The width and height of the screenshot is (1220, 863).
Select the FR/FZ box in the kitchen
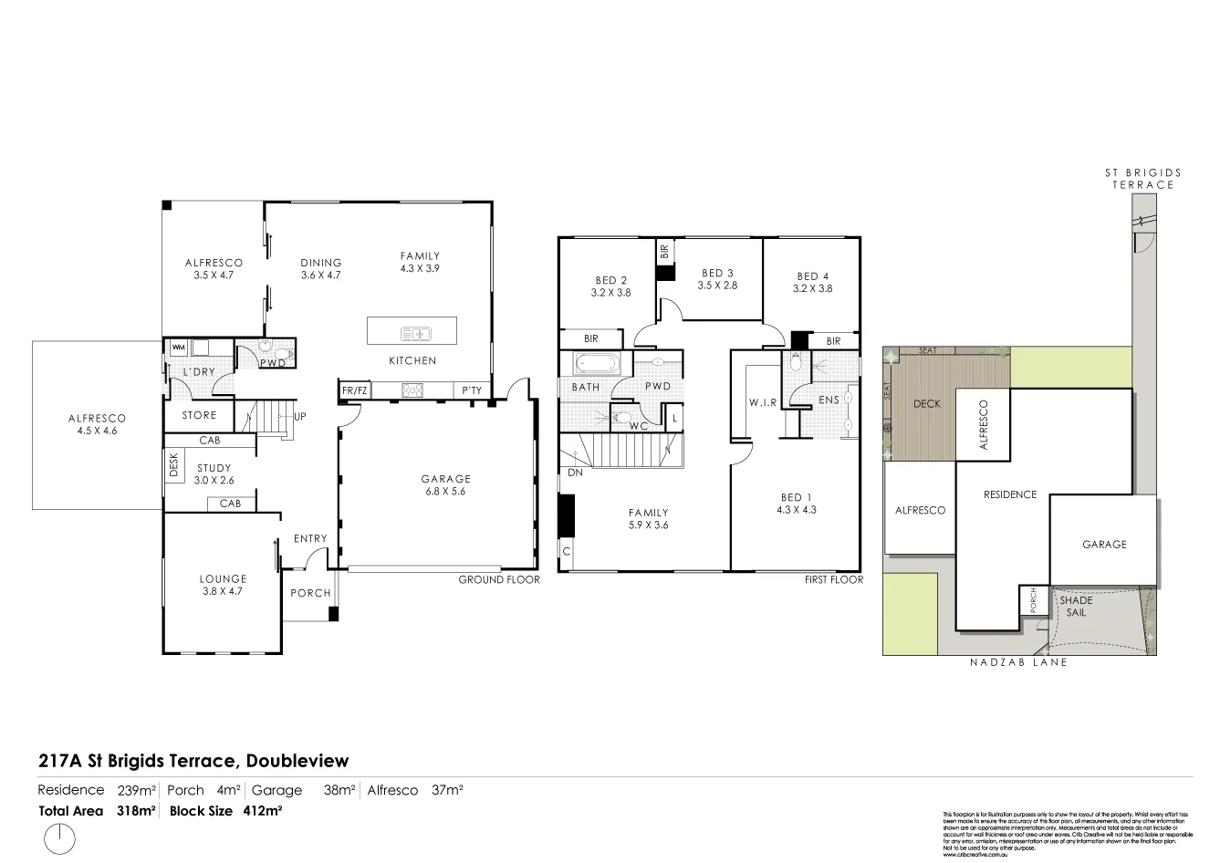pos(354,390)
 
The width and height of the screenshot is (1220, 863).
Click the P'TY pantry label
pos(472,390)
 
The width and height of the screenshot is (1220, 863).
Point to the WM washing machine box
pos(178,348)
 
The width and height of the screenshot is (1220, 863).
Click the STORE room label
pos(199,416)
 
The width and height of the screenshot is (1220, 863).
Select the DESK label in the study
pos(173,466)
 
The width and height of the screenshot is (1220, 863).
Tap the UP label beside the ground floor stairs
pos(299,417)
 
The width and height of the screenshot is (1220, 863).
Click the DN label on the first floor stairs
pos(575,473)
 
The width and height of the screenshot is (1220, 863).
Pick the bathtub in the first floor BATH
pos(597,364)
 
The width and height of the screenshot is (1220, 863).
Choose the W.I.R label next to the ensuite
pos(763,402)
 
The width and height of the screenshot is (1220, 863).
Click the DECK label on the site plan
pos(926,403)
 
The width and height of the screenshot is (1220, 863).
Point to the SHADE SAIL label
pos(1076,607)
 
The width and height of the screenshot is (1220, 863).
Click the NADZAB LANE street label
pos(1018,662)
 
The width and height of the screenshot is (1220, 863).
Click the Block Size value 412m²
pos(262,811)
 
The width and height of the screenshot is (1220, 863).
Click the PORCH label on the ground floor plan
pos(310,593)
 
